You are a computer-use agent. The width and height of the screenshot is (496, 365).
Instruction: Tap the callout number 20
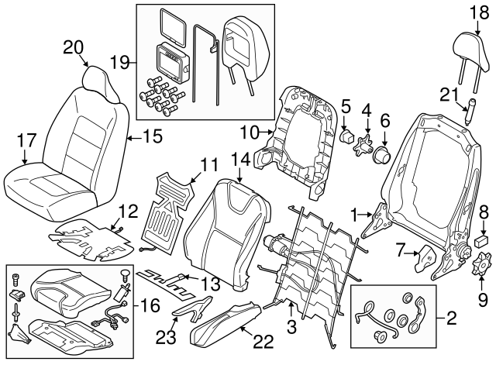pos(73,46)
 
